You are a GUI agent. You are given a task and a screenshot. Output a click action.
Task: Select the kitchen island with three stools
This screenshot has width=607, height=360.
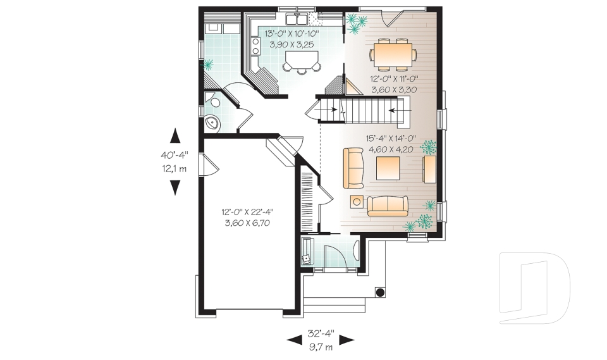(301, 61)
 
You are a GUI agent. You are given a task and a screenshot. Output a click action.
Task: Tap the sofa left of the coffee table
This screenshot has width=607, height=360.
(353, 168)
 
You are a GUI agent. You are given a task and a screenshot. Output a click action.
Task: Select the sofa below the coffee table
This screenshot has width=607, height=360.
(388, 206)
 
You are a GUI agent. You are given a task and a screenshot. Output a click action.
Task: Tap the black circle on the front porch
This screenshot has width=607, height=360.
(380, 292)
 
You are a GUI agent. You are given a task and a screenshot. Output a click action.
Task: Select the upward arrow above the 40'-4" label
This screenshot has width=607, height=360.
(175, 136)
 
